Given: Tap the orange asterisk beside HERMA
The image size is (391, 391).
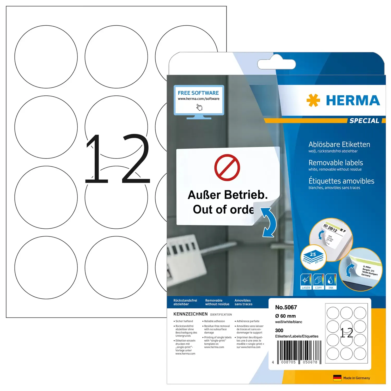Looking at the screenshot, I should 313,100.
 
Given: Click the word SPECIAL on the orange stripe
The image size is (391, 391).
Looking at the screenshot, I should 364,121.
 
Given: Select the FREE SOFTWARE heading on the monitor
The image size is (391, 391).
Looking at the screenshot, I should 198,93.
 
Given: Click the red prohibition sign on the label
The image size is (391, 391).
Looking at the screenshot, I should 227,168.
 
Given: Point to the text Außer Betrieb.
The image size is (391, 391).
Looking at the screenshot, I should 228,195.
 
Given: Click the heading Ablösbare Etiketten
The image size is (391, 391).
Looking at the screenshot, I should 339,144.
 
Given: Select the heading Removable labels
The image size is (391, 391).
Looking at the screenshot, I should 336,163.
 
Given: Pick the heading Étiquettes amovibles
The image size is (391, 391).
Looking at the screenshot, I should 341,181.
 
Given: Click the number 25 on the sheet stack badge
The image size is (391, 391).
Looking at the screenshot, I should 313,254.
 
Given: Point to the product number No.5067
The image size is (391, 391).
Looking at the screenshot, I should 286,307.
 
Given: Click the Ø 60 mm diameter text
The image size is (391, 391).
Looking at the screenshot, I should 285,316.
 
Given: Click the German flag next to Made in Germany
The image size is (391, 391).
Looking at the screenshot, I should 337,378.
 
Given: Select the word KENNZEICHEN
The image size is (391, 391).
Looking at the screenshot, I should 191,314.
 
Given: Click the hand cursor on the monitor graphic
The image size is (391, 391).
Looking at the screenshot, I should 199,107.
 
